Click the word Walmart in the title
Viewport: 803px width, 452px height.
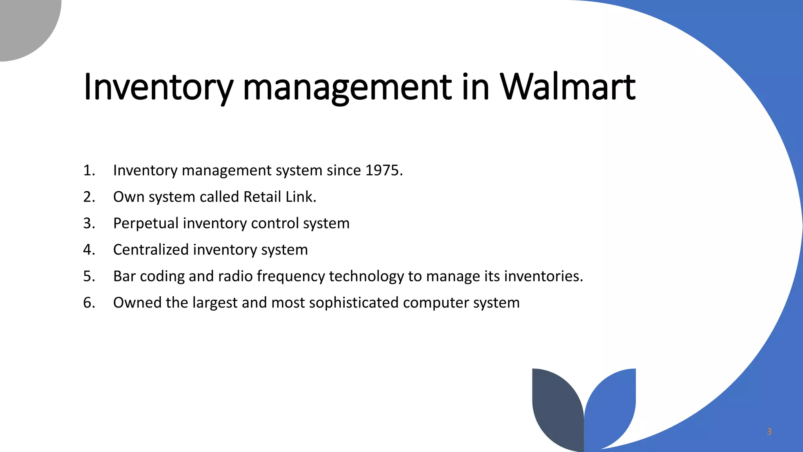567,87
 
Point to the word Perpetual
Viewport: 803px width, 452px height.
146,223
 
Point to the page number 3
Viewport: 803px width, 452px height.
769,432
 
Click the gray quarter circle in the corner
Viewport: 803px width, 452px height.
24,24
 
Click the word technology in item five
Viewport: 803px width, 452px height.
366,277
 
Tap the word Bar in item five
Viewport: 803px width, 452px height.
124,277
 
